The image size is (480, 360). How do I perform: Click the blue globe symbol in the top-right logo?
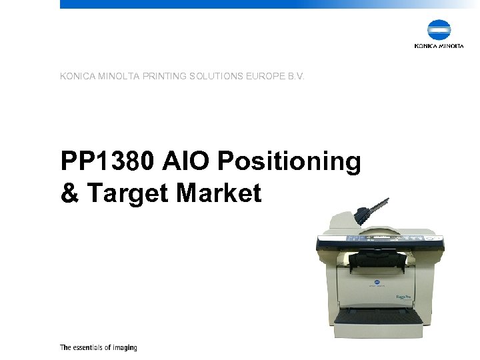pos(439,30)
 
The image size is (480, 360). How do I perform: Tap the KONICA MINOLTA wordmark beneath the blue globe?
pos(439,46)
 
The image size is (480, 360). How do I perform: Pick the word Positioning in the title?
pos(289,161)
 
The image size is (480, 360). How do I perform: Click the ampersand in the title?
pos(69,193)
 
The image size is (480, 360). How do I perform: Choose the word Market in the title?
pos(219,193)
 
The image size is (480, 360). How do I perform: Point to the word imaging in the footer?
pos(125,348)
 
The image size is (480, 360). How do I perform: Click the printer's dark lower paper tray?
pos(378,314)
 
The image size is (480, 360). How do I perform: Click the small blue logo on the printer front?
pos(375,283)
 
